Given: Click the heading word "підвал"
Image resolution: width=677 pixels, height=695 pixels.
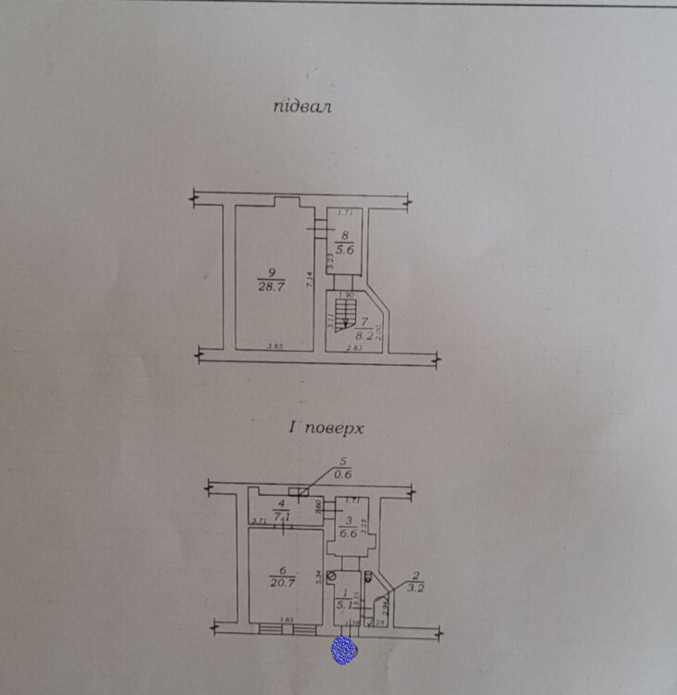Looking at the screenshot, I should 302,107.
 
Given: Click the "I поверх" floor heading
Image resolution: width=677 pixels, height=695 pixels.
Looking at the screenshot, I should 324,429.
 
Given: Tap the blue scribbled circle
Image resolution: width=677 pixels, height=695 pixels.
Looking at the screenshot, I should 344,650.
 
